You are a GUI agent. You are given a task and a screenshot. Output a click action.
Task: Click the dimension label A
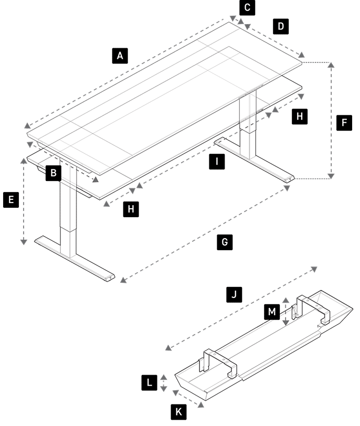(x=120, y=56)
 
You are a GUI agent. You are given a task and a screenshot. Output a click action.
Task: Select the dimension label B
(x=53, y=173)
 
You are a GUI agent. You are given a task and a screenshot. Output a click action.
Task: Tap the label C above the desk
(x=247, y=7)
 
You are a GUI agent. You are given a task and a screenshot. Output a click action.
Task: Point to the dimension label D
(x=281, y=26)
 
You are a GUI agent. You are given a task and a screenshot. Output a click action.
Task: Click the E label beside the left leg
(x=11, y=200)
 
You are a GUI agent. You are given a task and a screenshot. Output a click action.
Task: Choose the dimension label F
(x=344, y=123)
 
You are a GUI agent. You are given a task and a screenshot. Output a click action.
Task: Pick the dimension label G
(x=225, y=242)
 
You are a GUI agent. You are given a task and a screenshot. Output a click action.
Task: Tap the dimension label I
(x=217, y=162)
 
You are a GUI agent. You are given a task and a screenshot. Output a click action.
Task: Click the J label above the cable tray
(x=234, y=294)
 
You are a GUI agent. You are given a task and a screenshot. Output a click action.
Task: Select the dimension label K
(x=178, y=412)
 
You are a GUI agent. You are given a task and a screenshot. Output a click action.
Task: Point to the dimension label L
(x=149, y=383)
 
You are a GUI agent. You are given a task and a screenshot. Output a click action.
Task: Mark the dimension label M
(x=272, y=312)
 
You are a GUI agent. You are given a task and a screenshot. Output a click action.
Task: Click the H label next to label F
(x=300, y=116)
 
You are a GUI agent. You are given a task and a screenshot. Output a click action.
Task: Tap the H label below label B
(x=131, y=209)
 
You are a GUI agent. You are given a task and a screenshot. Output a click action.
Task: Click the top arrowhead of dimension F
(x=331, y=65)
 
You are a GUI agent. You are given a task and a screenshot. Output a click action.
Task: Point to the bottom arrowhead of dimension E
(x=24, y=242)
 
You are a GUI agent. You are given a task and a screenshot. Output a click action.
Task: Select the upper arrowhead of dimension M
(x=285, y=300)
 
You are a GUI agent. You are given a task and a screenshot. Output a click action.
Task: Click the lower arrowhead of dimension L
(x=164, y=389)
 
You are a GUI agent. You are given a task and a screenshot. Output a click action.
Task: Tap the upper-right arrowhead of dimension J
(x=314, y=269)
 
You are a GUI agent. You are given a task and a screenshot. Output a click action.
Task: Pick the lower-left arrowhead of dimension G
(x=123, y=280)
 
